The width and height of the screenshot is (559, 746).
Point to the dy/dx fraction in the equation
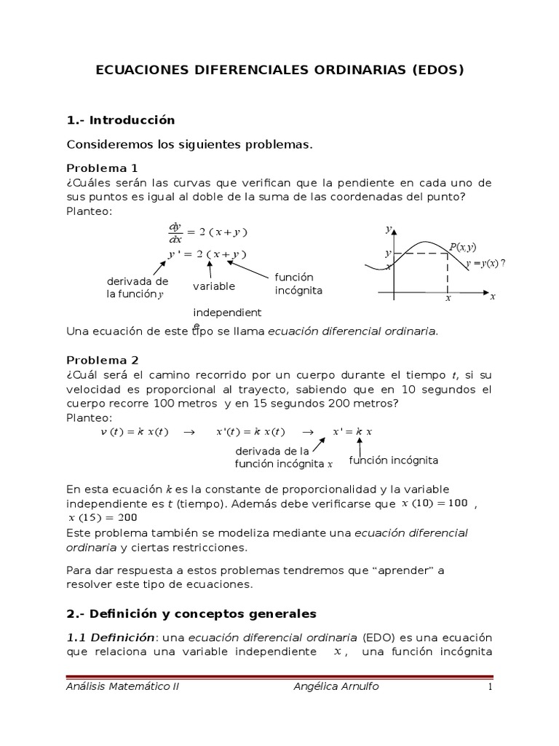click(x=175, y=232)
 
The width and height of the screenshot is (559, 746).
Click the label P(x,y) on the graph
click(x=462, y=248)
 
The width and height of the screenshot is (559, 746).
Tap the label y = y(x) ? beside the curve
click(x=485, y=263)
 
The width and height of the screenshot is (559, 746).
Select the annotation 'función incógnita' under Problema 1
click(x=298, y=284)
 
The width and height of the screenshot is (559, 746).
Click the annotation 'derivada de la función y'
click(x=137, y=288)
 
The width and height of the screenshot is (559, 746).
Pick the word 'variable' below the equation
click(x=214, y=286)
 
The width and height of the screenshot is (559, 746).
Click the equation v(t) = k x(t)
click(x=134, y=432)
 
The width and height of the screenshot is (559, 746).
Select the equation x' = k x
click(x=352, y=432)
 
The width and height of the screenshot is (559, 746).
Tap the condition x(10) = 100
click(x=436, y=503)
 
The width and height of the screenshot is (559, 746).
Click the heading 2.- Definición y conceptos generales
click(x=191, y=613)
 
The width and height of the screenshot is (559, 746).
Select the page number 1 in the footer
click(x=490, y=686)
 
